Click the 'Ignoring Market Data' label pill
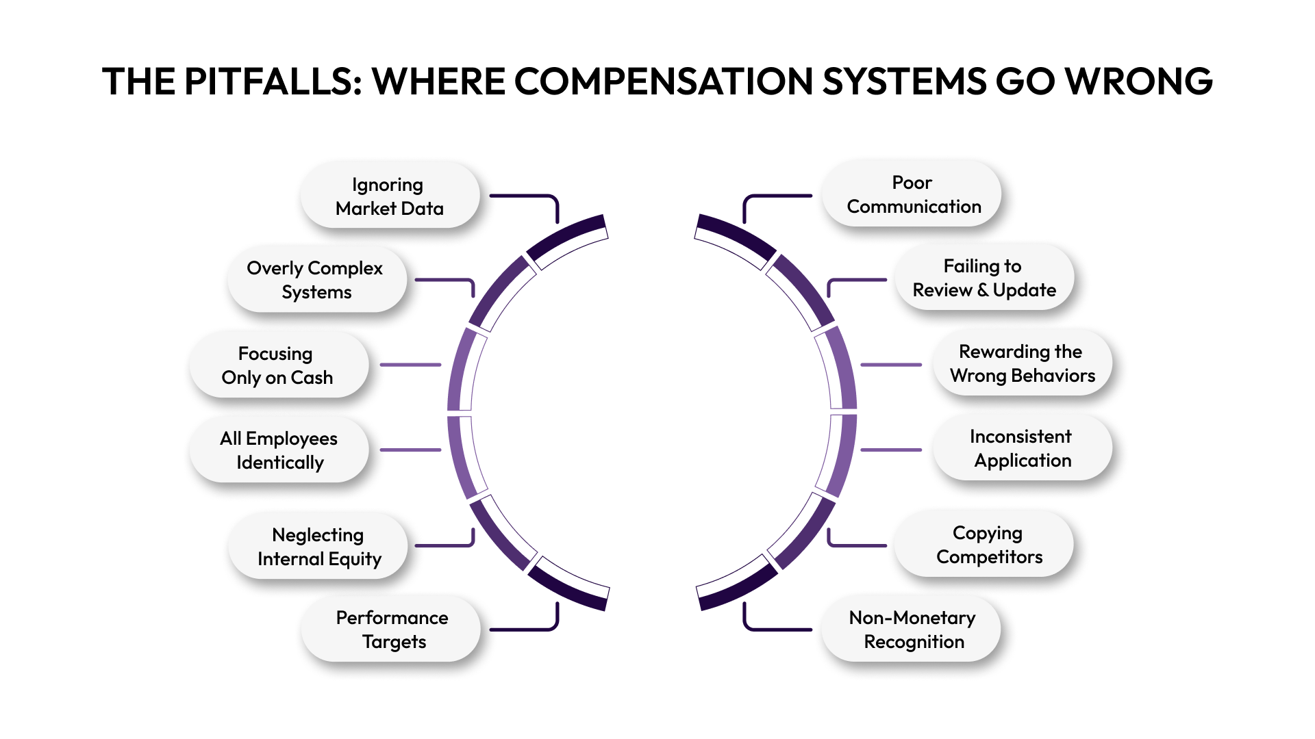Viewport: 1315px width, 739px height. click(x=390, y=196)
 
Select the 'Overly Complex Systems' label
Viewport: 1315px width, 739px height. click(x=316, y=279)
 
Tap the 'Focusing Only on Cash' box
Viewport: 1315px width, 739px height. click(x=278, y=365)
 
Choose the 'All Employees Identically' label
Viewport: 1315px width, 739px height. click(x=279, y=450)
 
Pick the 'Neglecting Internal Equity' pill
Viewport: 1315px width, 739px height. click(x=318, y=546)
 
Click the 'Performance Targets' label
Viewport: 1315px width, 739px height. click(x=392, y=629)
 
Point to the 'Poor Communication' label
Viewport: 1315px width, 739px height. click(x=912, y=194)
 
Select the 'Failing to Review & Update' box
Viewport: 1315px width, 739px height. click(x=984, y=278)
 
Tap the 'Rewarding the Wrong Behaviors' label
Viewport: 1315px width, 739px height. click(x=1022, y=363)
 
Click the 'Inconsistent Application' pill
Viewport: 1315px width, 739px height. click(x=1022, y=448)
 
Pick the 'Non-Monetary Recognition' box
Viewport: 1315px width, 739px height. click(x=912, y=629)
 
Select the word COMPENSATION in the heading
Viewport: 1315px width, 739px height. click(x=664, y=81)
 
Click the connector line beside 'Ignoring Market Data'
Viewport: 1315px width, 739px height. click(x=525, y=196)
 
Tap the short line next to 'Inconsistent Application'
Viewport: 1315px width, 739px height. click(x=890, y=450)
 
